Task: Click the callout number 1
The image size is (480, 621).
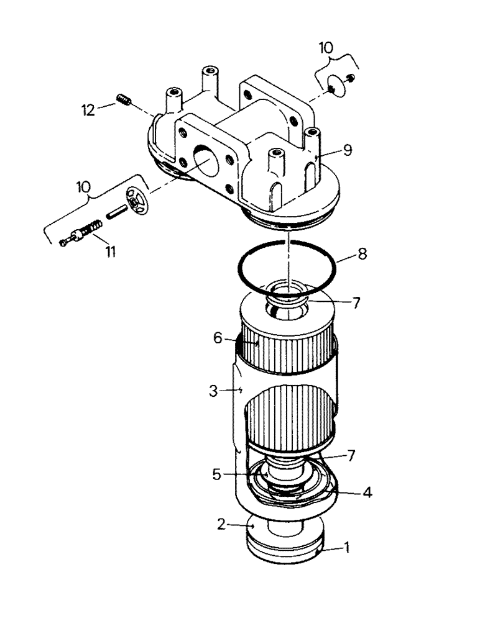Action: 348,548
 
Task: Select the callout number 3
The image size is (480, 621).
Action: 213,390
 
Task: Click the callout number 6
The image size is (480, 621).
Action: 218,338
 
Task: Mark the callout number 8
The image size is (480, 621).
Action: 362,254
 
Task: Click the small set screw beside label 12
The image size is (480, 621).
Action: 123,99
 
